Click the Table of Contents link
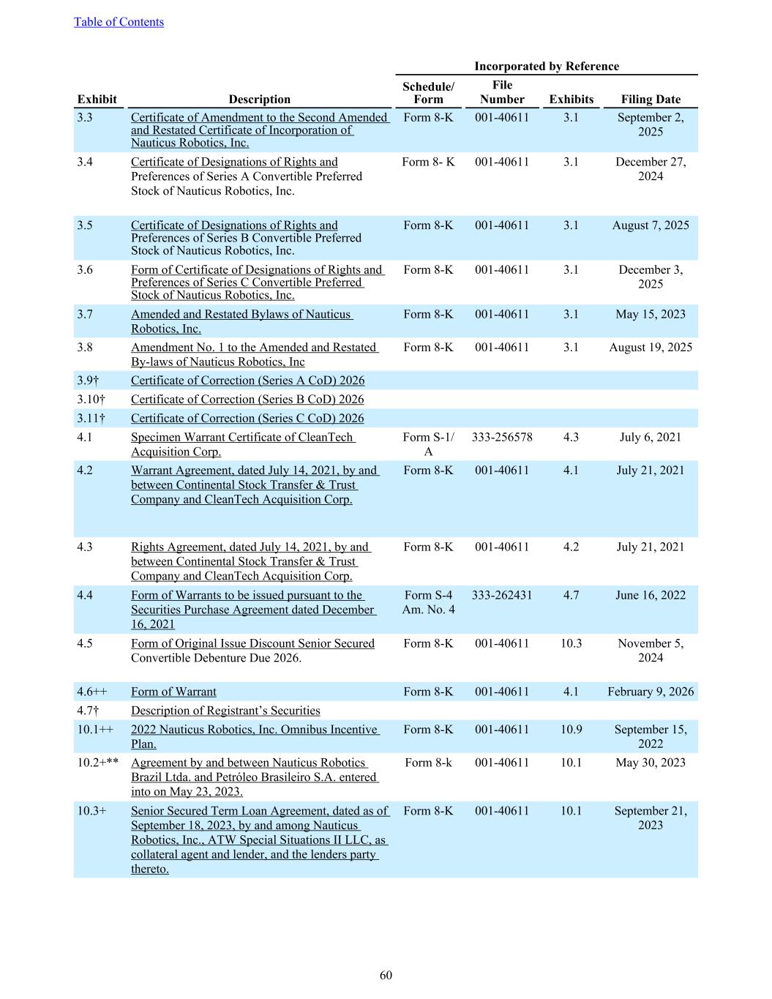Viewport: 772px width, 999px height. click(119, 22)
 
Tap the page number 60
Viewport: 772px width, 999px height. click(386, 975)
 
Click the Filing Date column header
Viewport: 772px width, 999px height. click(651, 100)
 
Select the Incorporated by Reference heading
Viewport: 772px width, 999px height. click(546, 66)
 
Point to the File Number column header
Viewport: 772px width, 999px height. click(502, 92)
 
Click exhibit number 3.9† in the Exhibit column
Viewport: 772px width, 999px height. click(88, 381)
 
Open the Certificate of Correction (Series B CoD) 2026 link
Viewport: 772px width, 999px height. click(247, 400)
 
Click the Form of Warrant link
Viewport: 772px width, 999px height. click(173, 692)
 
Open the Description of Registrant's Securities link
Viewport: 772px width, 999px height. click(225, 711)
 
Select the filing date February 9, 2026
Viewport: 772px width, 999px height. click(651, 692)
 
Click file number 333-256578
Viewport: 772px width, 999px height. click(502, 437)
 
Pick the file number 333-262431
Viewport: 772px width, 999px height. click(502, 595)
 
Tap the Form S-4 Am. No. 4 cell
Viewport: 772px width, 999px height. click(428, 602)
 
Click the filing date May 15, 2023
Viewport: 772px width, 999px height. click(651, 314)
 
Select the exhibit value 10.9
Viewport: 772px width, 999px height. click(571, 729)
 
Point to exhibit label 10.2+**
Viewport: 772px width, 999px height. click(98, 763)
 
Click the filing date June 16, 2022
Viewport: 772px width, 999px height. click(651, 595)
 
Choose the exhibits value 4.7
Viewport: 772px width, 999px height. click(571, 595)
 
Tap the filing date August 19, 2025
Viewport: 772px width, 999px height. click(651, 348)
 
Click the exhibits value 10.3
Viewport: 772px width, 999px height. click(571, 643)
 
